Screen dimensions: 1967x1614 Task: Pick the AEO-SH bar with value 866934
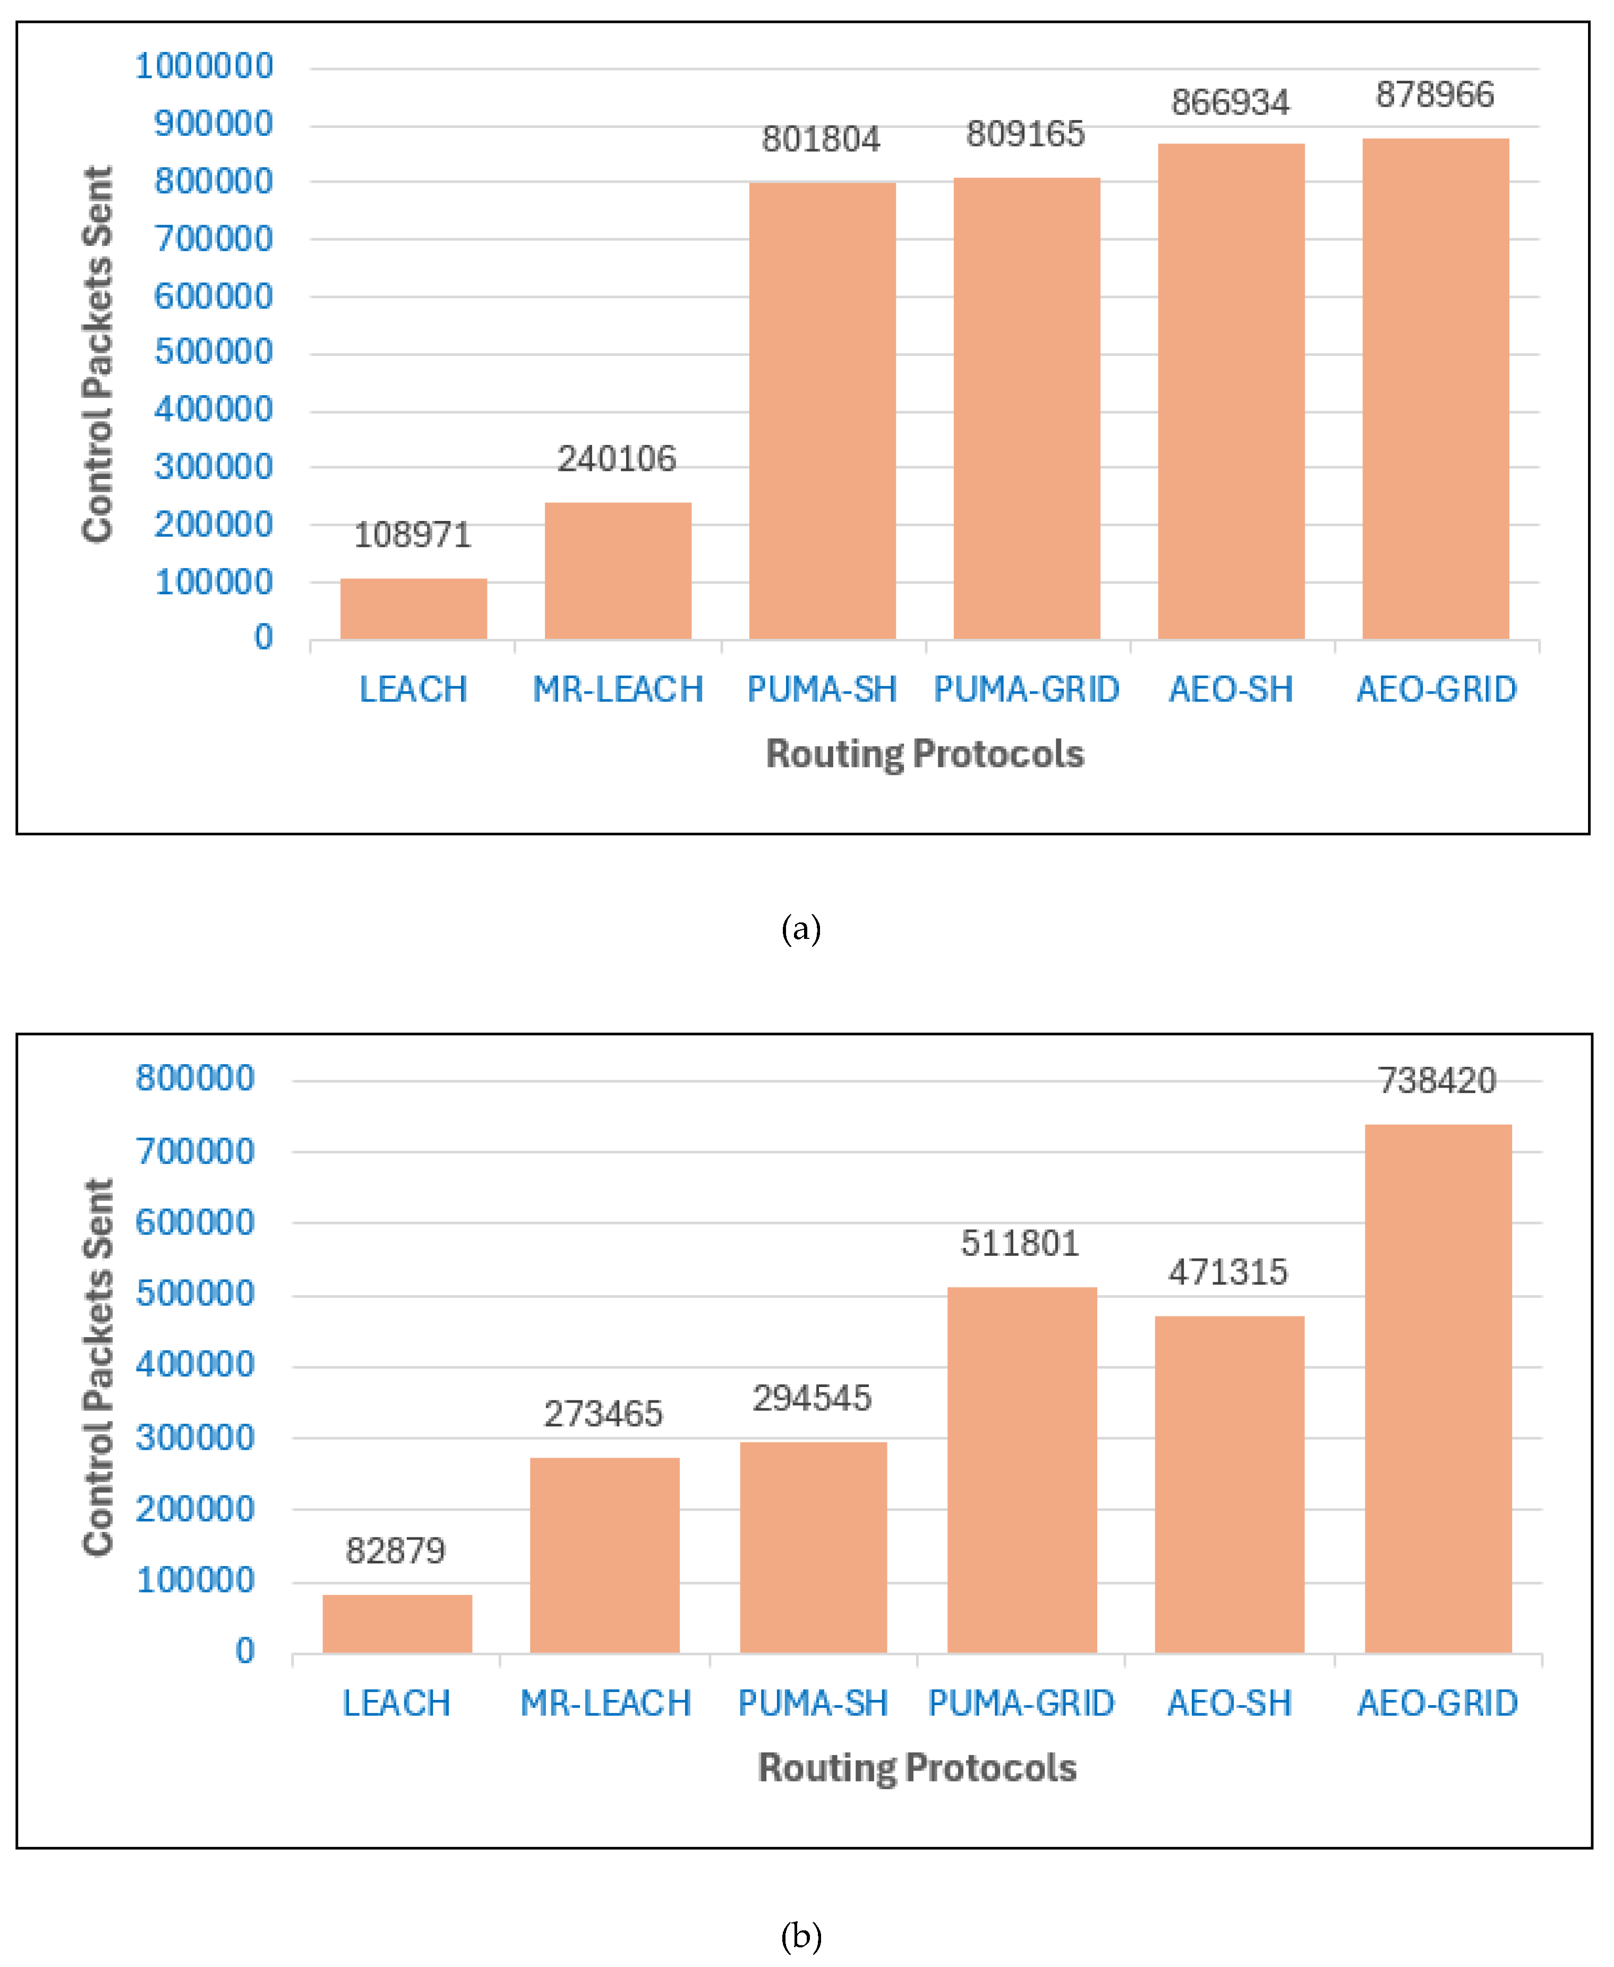[1231, 390]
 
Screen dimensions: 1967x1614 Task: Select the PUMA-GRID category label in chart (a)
[1027, 690]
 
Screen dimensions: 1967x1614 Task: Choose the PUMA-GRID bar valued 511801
[1022, 1470]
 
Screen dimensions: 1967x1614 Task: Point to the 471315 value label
[1228, 1272]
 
